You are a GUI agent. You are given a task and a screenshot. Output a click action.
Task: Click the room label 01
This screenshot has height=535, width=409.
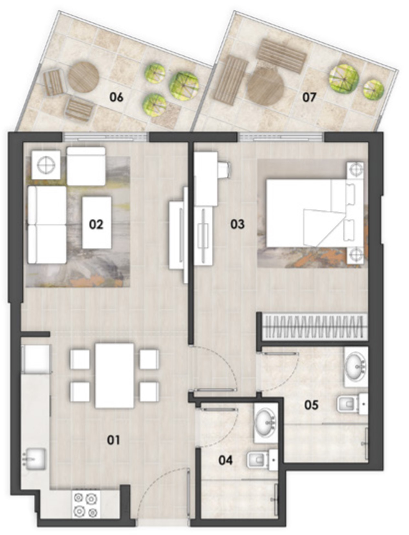pyautogui.click(x=113, y=440)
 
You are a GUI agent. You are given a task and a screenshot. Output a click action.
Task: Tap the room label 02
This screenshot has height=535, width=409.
pyautogui.click(x=96, y=224)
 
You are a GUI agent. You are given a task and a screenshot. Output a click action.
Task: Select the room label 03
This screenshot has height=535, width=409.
pyautogui.click(x=238, y=224)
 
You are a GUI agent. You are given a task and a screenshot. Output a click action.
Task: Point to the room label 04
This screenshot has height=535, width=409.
pyautogui.click(x=225, y=460)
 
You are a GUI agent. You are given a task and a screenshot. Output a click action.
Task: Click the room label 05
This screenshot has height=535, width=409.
pyautogui.click(x=311, y=405)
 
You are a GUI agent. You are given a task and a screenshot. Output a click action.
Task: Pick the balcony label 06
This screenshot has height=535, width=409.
pyautogui.click(x=116, y=97)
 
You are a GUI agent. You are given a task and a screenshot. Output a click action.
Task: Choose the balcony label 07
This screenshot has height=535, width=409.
pyautogui.click(x=309, y=97)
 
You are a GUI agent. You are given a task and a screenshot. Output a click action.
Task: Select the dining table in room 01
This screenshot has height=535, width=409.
pyautogui.click(x=114, y=375)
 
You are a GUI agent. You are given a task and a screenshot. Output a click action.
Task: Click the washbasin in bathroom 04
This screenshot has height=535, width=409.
pyautogui.click(x=266, y=422)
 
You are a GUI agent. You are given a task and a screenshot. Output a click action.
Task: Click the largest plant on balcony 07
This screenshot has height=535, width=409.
pyautogui.click(x=344, y=77)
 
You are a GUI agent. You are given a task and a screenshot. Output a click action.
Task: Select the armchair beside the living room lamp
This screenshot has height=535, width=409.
pyautogui.click(x=86, y=166)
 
